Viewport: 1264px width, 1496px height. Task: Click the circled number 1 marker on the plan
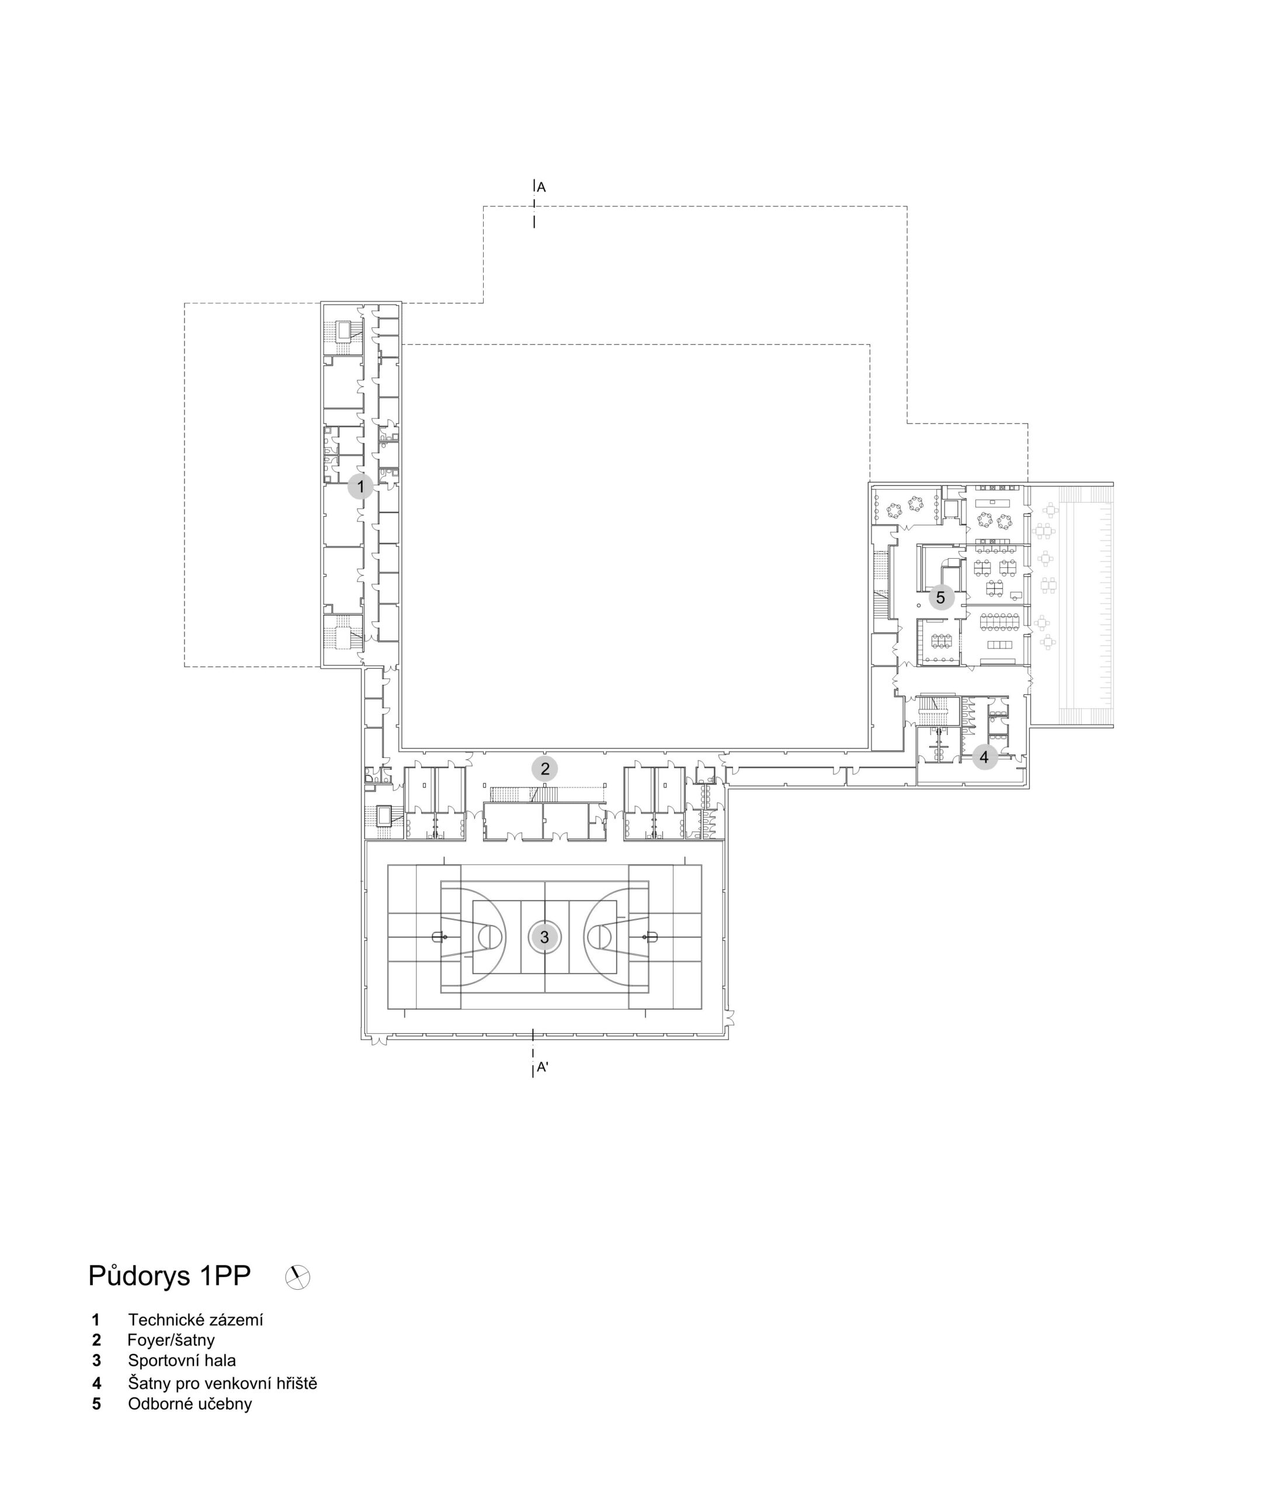(x=360, y=487)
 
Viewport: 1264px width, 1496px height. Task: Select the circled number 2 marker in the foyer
(x=544, y=768)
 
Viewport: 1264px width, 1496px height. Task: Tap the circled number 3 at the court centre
(x=544, y=937)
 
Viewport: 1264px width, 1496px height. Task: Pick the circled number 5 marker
(x=941, y=597)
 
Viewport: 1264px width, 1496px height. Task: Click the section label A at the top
(x=541, y=187)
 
